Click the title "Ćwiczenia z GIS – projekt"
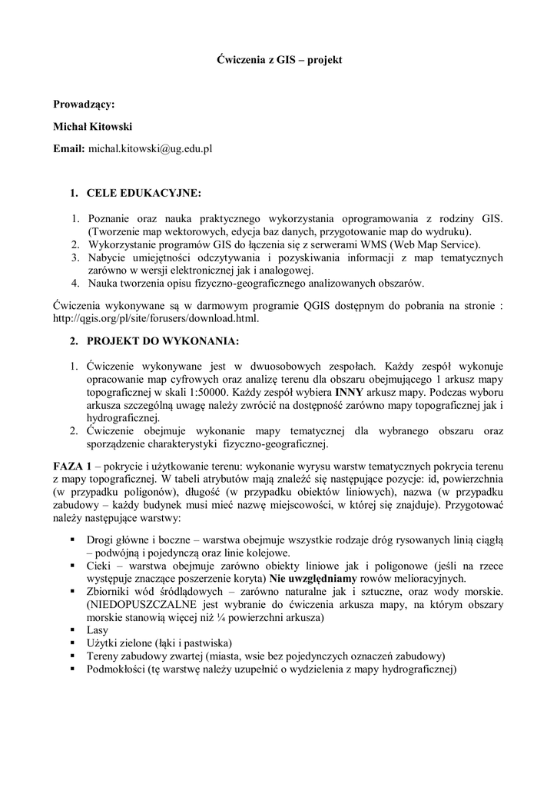point(277,58)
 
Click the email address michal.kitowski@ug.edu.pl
point(150,148)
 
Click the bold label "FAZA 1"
point(72,467)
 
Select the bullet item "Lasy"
point(99,629)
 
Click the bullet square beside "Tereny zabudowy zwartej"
point(71,656)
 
